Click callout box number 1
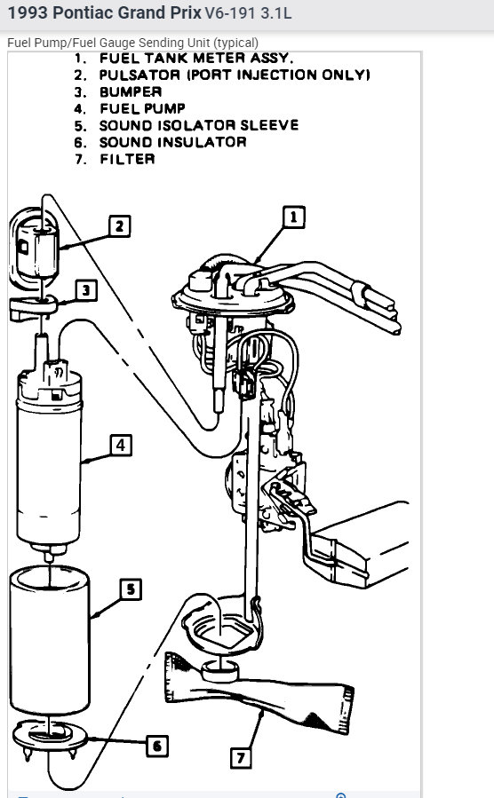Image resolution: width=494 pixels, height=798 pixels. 294,216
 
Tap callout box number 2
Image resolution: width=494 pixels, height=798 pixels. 120,226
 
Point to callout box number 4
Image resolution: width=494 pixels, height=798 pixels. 122,444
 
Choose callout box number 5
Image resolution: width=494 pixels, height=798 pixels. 131,589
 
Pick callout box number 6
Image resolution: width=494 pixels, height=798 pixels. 156,745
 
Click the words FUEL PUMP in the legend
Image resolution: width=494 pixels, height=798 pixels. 142,108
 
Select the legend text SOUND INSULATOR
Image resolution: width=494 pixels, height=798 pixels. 172,142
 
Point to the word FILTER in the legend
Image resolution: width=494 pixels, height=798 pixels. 127,159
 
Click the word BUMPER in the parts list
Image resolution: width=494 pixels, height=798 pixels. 131,91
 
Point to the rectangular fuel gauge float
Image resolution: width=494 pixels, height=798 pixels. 364,550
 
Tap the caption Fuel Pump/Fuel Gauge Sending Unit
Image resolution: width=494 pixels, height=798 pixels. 133,43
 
